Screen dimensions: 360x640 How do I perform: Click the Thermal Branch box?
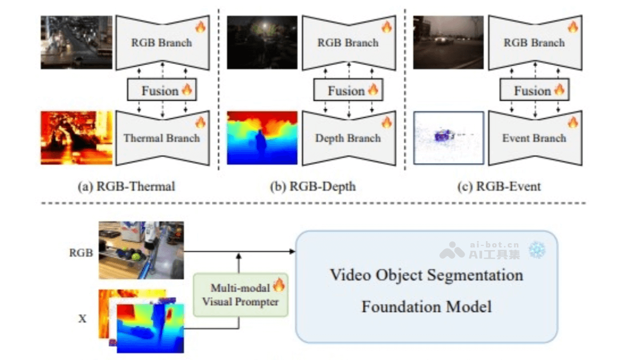[x=161, y=138]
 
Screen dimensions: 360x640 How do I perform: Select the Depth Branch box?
[x=348, y=138]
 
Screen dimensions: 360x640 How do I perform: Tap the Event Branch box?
[x=534, y=138]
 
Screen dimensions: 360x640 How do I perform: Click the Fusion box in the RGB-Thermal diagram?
[x=162, y=91]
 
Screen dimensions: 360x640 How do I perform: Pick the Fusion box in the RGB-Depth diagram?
[x=348, y=91]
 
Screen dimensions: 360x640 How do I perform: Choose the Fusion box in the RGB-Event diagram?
[x=534, y=91]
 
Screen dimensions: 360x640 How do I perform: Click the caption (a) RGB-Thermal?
[x=126, y=186]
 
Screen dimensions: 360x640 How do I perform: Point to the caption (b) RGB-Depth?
[x=313, y=186]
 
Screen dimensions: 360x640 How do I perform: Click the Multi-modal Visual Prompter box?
[x=241, y=294]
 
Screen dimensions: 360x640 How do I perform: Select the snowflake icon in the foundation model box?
[x=536, y=250]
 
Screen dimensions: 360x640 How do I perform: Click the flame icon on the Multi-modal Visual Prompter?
[x=279, y=284]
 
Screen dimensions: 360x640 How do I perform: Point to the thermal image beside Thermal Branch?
[x=76, y=138]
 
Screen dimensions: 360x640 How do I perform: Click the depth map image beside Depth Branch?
[x=262, y=138]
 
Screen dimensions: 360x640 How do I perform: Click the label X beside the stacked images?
[x=82, y=319]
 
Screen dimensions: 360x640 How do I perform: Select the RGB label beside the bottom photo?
[x=81, y=253]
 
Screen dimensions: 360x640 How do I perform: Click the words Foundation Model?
[x=426, y=307]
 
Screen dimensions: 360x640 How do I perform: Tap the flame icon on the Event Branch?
[x=573, y=123]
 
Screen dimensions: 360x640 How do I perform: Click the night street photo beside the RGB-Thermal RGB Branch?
[x=76, y=42]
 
